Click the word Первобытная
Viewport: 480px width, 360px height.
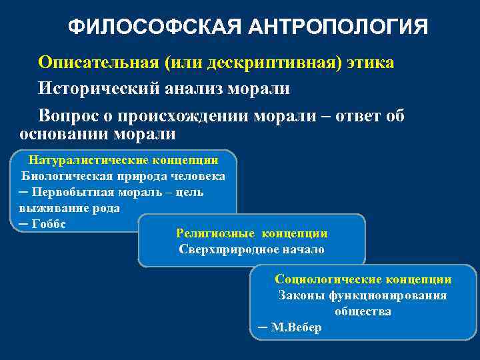pos(71,193)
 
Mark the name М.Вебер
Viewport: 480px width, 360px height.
pos(296,328)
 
